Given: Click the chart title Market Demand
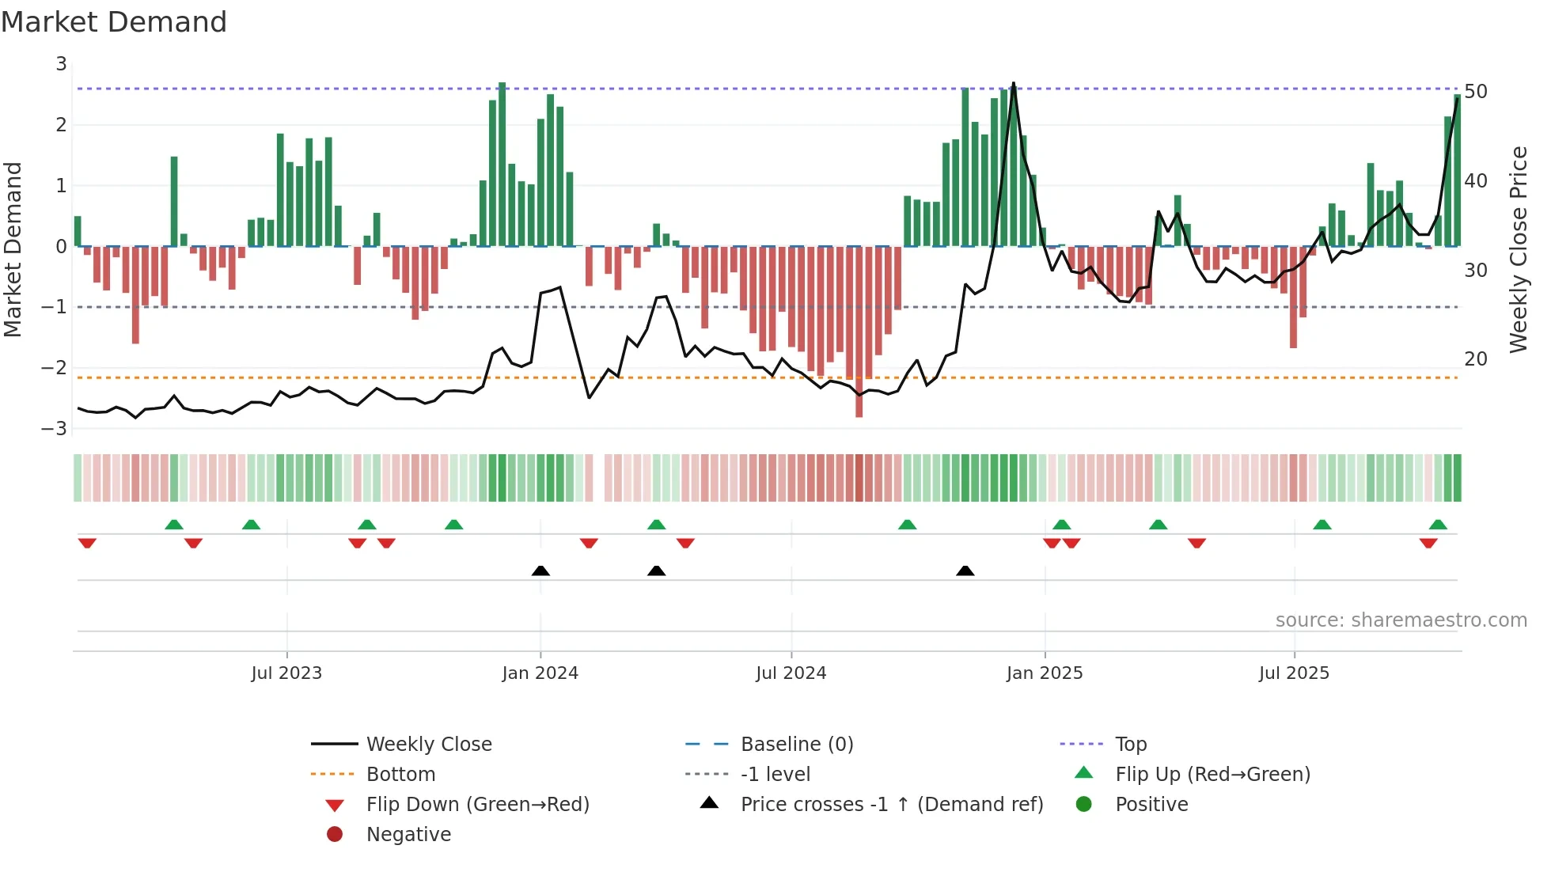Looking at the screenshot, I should point(114,22).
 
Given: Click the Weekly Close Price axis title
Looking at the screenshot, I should point(1518,249).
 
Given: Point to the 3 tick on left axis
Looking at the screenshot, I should point(61,64).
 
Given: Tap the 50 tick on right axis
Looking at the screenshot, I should point(1475,92).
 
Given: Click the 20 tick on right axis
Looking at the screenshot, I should point(1475,359).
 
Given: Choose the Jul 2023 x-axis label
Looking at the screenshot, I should point(286,673).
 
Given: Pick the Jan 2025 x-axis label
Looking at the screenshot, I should point(1045,673).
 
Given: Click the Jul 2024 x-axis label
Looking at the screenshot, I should point(791,673).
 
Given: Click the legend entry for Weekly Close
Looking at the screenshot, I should point(428,745).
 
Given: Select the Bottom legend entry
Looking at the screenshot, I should point(400,775).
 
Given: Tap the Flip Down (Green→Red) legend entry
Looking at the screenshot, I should point(477,805).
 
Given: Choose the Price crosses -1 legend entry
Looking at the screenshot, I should point(891,805).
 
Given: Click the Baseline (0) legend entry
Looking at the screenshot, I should point(796,745).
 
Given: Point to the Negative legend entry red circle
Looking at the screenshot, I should point(335,835).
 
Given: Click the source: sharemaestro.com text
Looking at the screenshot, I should point(1401,620).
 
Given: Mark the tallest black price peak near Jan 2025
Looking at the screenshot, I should point(1014,83).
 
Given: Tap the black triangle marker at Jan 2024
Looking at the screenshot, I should point(540,571).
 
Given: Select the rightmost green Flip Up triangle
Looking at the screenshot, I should point(1438,525).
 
